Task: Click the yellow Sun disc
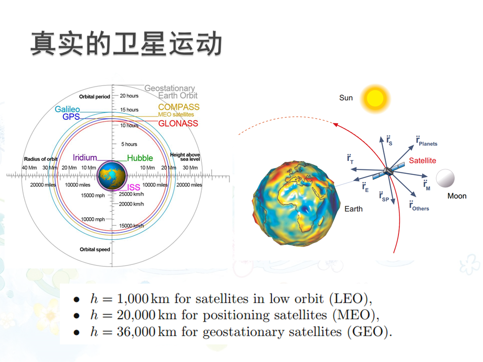(375, 99)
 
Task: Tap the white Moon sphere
(445, 178)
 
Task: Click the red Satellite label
(422, 160)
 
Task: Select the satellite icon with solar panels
(388, 171)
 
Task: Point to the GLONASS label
(178, 124)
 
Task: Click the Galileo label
(67, 109)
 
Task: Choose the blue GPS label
(71, 117)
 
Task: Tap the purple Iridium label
(85, 157)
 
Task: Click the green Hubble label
(140, 158)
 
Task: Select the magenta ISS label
(134, 187)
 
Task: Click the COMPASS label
(179, 107)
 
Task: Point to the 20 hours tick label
(129, 96)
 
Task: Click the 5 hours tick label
(129, 144)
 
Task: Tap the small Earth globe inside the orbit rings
(112, 175)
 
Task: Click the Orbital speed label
(95, 249)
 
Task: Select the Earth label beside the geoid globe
(353, 209)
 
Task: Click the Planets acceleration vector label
(427, 141)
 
